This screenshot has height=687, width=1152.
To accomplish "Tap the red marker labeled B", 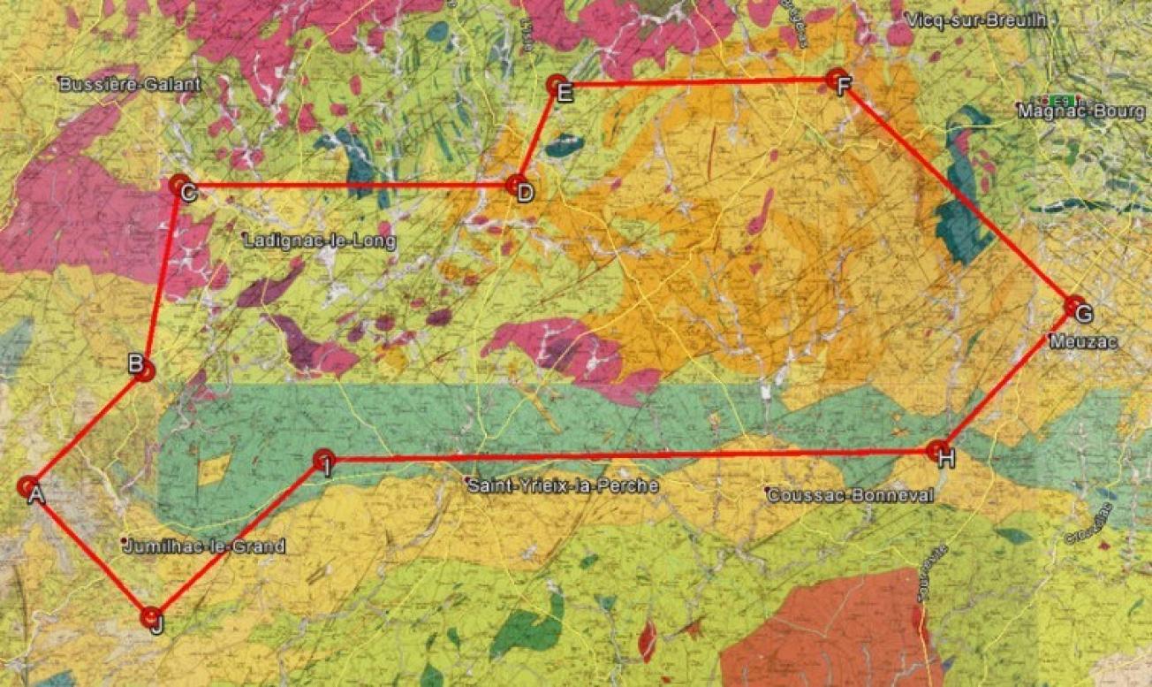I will (x=145, y=370).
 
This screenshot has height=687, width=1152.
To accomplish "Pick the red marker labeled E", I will (x=557, y=86).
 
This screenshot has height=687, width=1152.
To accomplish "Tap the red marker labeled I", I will (x=323, y=460).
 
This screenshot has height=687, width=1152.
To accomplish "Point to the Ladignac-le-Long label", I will (x=319, y=240).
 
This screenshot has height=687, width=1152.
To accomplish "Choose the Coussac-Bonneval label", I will (x=850, y=496).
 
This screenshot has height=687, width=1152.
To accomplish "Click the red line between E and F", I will (x=698, y=83).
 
